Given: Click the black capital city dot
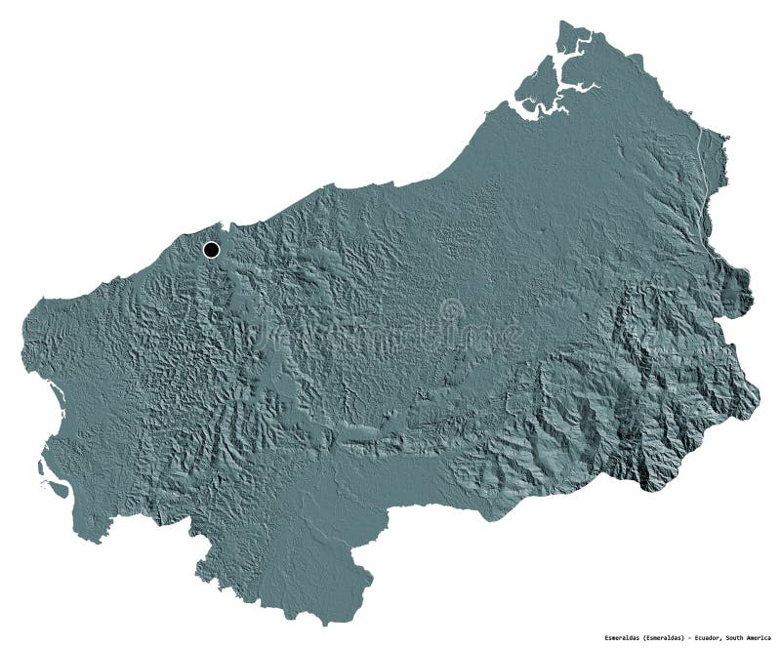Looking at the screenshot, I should (x=211, y=250).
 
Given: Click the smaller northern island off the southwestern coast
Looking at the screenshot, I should (x=42, y=466).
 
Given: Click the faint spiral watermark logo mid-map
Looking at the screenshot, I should (x=451, y=314).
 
